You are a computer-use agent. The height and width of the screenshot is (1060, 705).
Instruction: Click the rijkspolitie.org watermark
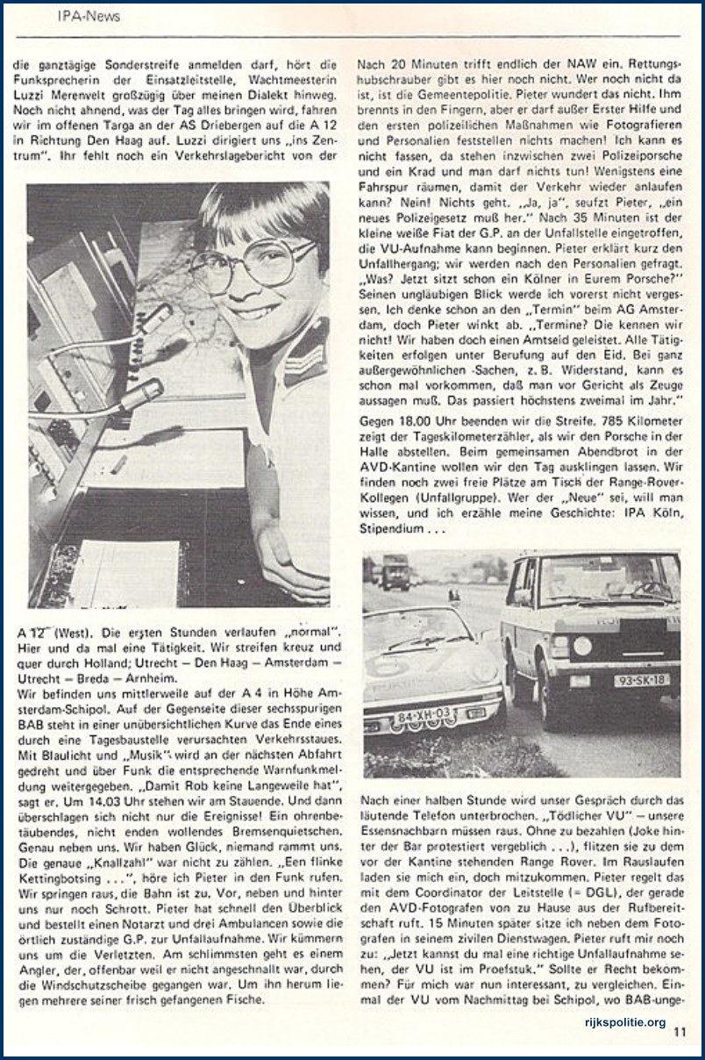pos(624,1022)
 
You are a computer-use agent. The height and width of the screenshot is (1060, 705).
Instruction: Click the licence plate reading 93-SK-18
pos(641,680)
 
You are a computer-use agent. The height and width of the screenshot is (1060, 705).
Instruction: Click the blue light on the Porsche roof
pos(455,597)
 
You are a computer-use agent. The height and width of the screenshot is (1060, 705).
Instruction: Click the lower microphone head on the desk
pos(140,397)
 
